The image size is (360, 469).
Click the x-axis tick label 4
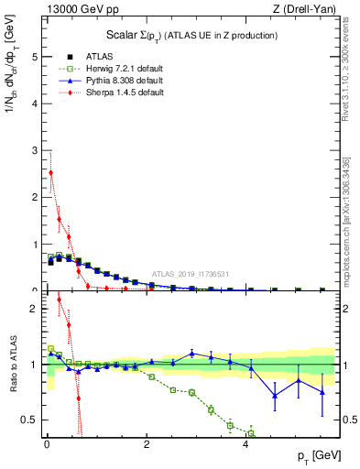245,446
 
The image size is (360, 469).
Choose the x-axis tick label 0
46,446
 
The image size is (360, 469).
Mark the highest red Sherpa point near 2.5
50,172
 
